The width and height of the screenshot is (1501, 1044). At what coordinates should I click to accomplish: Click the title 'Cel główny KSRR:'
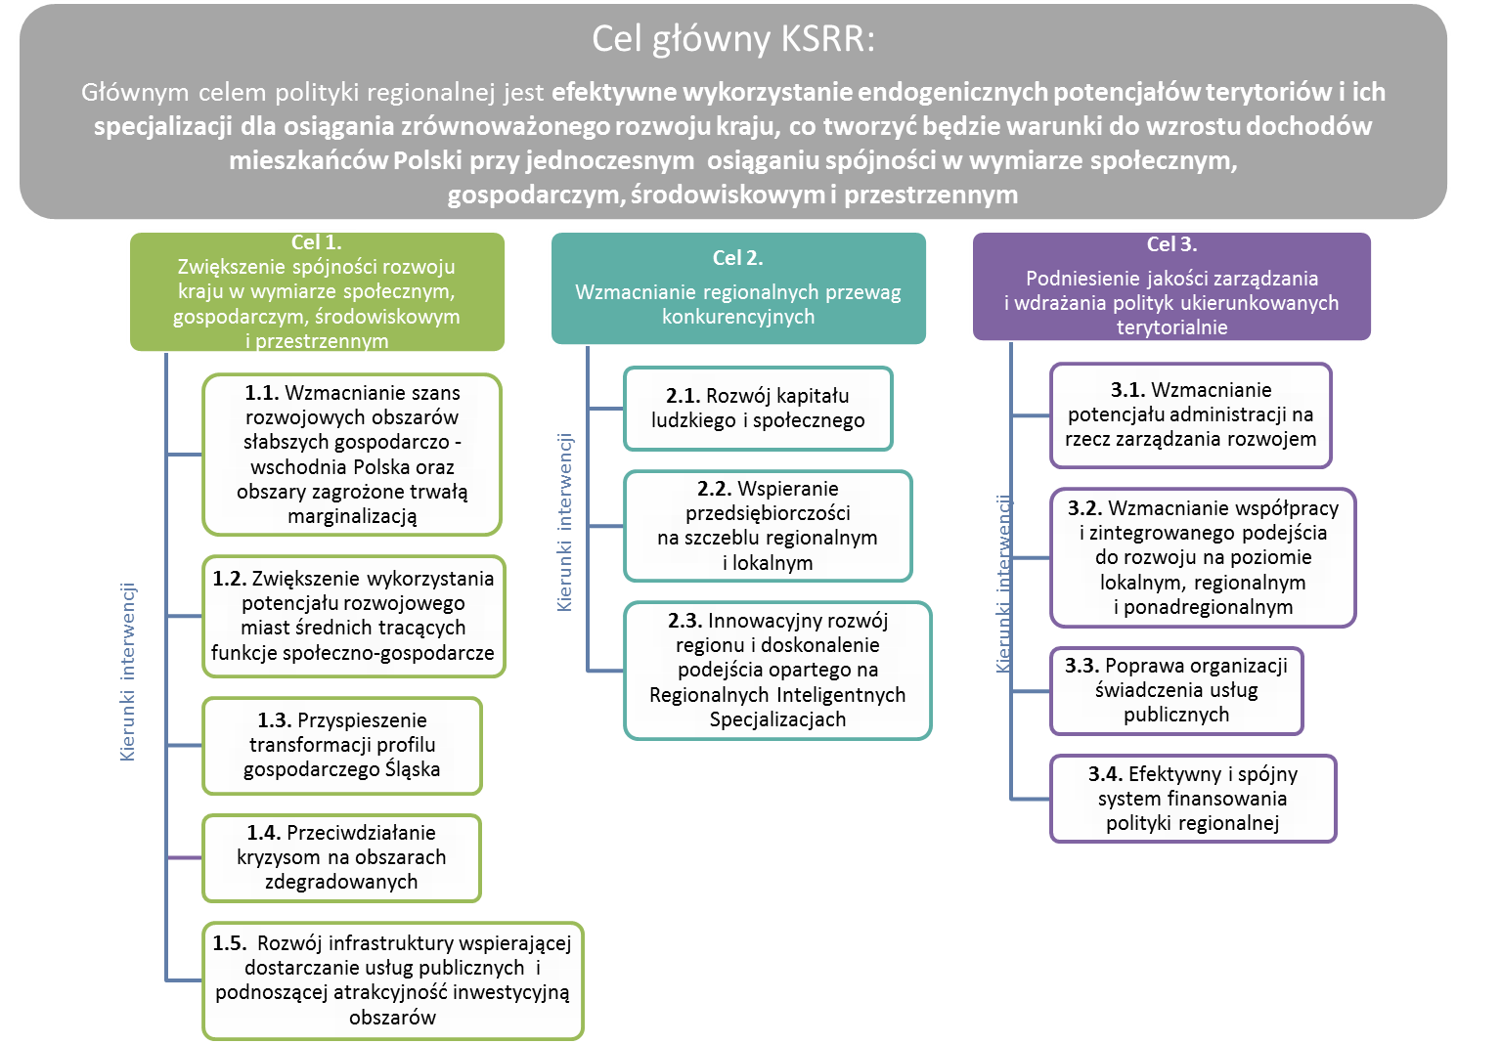click(733, 40)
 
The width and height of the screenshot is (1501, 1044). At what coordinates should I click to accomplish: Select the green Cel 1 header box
click(317, 291)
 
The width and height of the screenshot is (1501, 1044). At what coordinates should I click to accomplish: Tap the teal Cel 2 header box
click(738, 288)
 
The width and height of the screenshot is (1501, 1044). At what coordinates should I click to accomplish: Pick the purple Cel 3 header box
click(1171, 286)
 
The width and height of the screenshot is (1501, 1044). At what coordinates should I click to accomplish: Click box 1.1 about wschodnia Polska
click(352, 455)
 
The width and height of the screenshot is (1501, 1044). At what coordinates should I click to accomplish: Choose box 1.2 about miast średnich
click(353, 616)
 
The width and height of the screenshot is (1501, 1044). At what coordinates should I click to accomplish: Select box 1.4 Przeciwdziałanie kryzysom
click(341, 857)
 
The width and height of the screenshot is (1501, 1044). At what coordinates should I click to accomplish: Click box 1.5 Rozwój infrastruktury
click(392, 979)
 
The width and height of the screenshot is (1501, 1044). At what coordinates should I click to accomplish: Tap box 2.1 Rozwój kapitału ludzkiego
click(758, 408)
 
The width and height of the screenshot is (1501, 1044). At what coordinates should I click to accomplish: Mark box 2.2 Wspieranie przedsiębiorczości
click(768, 525)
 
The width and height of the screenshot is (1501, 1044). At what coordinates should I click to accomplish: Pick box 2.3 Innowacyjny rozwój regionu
click(777, 670)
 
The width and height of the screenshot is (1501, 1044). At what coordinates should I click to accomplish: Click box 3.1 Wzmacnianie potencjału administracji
click(1190, 414)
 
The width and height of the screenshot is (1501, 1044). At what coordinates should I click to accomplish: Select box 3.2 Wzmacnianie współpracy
click(1203, 557)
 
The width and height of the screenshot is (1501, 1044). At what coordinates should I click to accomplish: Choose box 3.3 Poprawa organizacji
click(1176, 690)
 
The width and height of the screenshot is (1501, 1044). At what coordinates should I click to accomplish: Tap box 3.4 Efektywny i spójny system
click(1192, 798)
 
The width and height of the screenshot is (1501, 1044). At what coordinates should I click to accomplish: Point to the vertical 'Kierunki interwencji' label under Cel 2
click(565, 523)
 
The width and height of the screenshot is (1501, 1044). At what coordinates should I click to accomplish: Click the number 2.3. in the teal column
click(685, 621)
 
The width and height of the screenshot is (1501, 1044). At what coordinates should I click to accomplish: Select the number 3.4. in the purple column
click(1105, 774)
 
